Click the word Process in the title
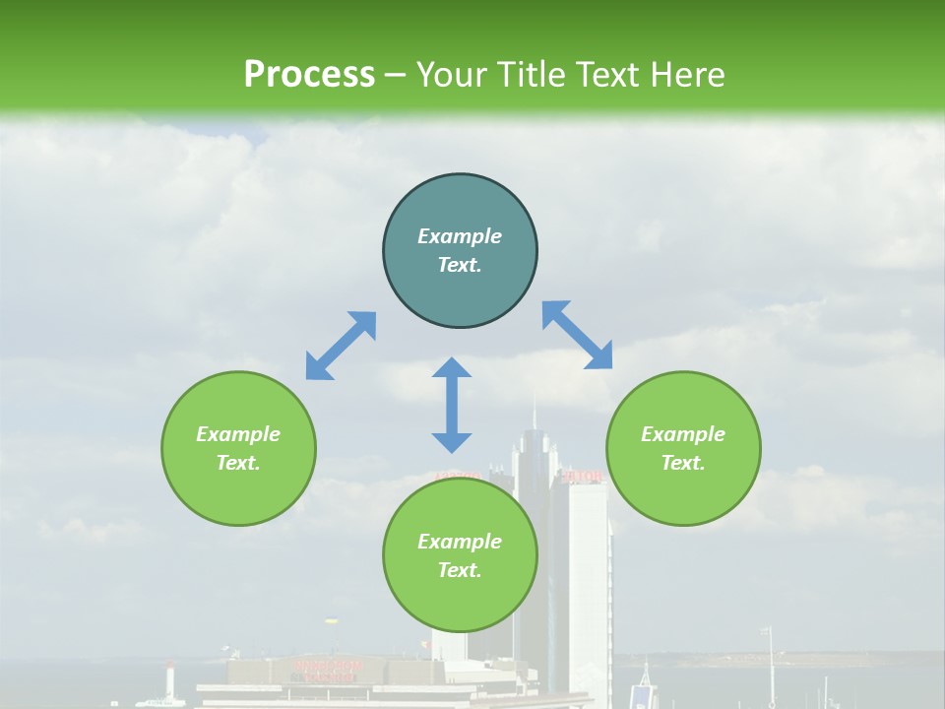point(309,75)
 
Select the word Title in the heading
point(536,75)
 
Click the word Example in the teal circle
point(460,236)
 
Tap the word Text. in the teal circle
point(460,265)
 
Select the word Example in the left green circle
point(238,434)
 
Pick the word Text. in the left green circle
point(238,463)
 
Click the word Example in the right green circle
point(683,434)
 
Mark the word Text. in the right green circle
point(683,463)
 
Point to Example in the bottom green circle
point(460,542)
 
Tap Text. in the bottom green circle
point(460,570)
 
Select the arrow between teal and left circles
point(341,346)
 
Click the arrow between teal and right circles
point(577,335)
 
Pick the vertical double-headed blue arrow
point(452,405)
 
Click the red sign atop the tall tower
point(582,477)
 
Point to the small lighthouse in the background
point(170,679)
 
